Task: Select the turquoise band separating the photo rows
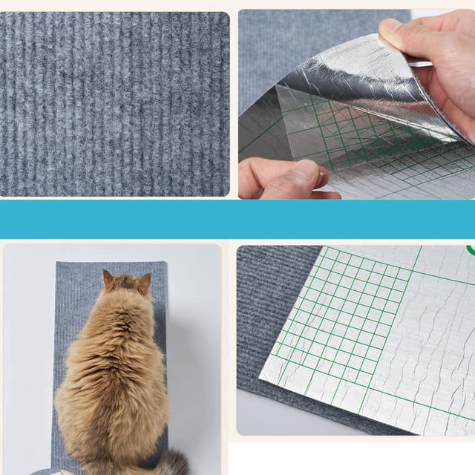pyautogui.click(x=237, y=219)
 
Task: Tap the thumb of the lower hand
pyautogui.click(x=304, y=175)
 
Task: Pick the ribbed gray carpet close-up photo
pyautogui.click(x=114, y=104)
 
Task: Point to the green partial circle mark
pyautogui.click(x=471, y=249)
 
